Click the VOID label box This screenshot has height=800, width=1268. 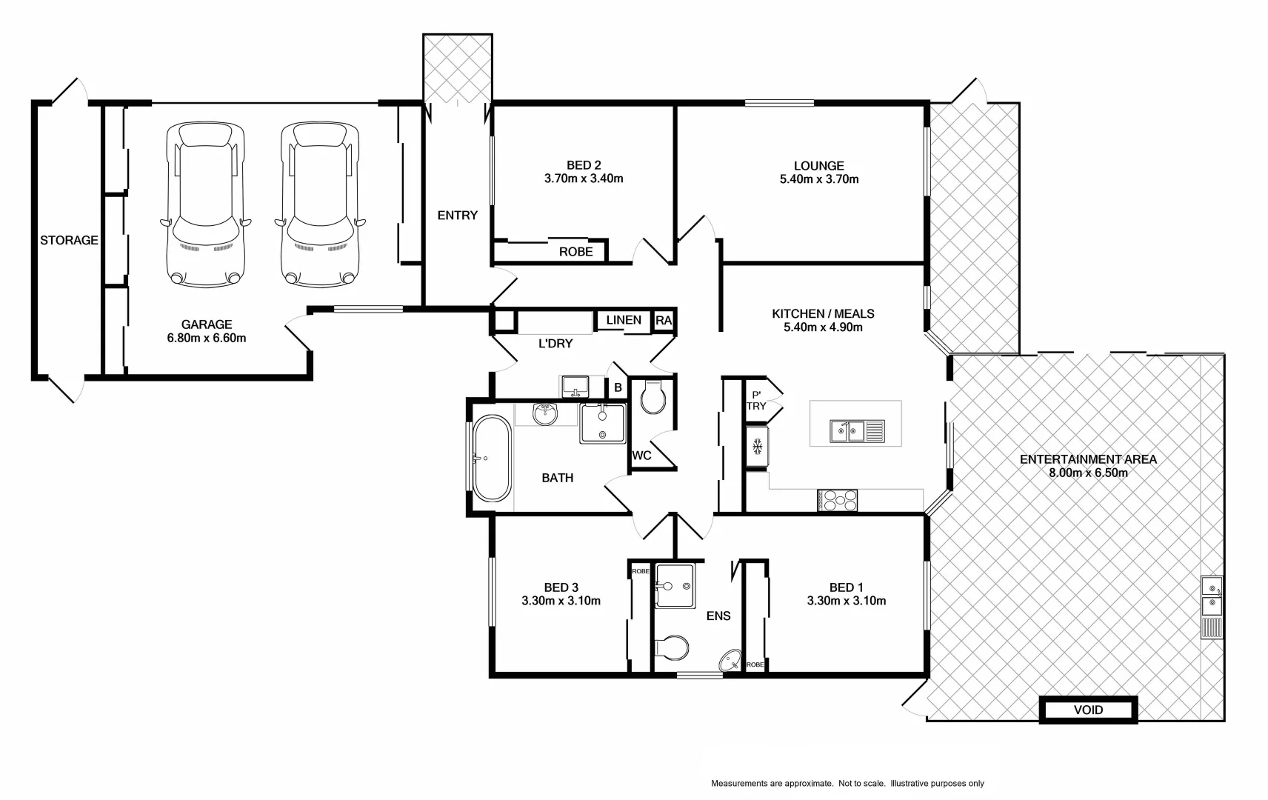(1088, 710)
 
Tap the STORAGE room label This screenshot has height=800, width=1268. (69, 240)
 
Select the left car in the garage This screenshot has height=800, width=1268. (204, 205)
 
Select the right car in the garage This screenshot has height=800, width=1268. (319, 205)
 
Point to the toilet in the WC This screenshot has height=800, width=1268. (653, 399)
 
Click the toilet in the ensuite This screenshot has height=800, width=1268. (673, 647)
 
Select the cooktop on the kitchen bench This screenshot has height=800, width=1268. (837, 500)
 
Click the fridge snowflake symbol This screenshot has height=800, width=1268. (757, 447)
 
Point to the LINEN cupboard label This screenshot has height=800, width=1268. (624, 320)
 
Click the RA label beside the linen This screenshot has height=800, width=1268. (664, 321)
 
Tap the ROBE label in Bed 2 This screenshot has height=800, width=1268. (575, 252)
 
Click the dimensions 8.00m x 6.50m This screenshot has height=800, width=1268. (1088, 473)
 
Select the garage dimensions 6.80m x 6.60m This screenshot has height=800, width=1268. (207, 338)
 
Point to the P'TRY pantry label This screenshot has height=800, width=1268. (756, 401)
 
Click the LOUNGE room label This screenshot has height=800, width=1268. (818, 166)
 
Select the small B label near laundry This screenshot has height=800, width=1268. (618, 387)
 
